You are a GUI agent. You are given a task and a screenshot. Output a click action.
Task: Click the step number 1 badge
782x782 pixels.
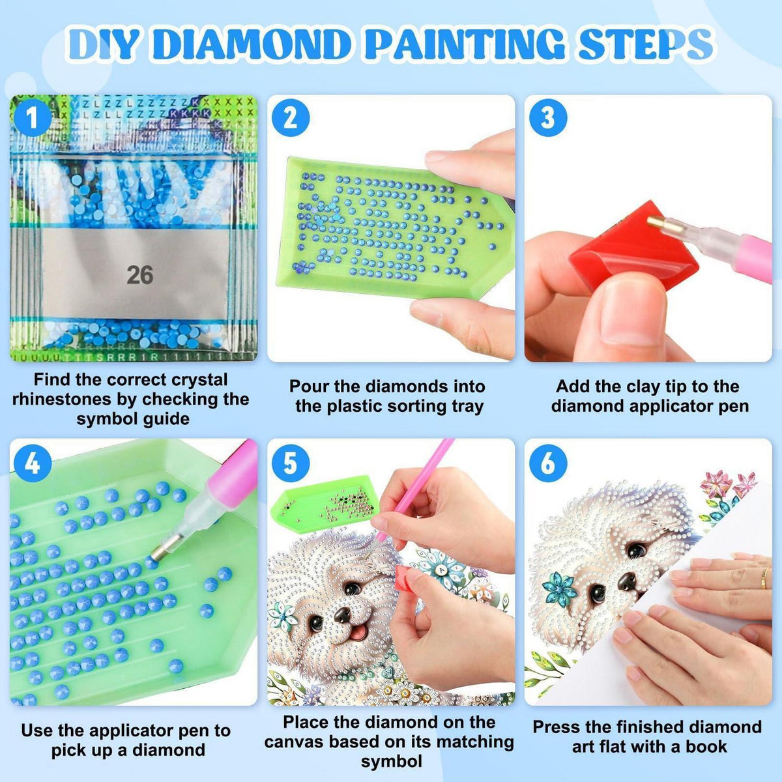(x=32, y=118)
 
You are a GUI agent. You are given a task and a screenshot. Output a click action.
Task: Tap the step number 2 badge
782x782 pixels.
(x=291, y=119)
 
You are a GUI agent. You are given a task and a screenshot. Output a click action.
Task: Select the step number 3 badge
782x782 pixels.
(x=548, y=119)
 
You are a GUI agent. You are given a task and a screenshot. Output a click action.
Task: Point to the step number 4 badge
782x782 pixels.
(x=33, y=463)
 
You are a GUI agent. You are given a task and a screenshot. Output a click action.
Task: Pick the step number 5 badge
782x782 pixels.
(x=291, y=463)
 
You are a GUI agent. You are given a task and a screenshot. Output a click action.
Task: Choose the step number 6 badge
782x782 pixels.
(x=548, y=463)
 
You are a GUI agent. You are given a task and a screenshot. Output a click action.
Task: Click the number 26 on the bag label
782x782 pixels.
(x=140, y=275)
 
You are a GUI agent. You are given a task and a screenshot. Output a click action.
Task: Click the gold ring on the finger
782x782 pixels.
(x=764, y=578)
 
